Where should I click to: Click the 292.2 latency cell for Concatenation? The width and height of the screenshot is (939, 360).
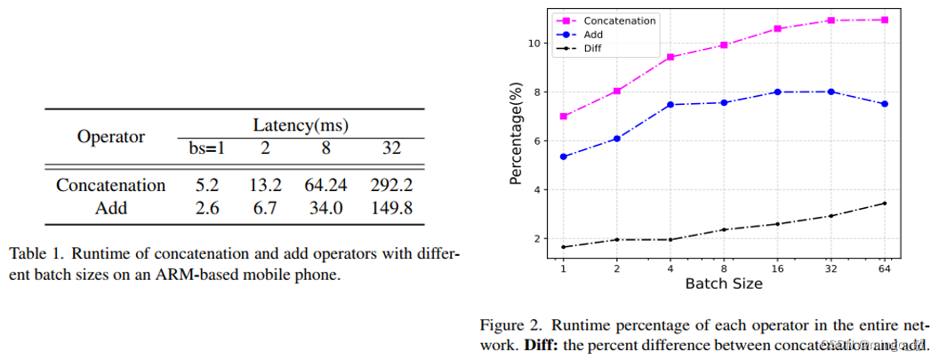coord(392,186)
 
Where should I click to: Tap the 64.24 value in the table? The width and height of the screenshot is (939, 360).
coord(325,186)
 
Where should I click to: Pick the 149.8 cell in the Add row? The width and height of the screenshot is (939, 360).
coord(392,208)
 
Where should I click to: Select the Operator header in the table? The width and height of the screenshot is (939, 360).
coord(111,137)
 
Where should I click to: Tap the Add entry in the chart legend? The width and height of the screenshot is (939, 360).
coord(594,34)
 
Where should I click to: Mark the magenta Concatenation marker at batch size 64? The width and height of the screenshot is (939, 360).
coord(884,20)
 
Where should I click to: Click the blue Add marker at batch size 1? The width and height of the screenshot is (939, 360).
coord(562,156)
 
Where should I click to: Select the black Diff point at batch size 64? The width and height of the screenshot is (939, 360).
coord(884,204)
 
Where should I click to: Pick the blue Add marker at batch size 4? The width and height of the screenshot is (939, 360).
coord(670,105)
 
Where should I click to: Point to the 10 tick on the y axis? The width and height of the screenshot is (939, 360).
coord(532,43)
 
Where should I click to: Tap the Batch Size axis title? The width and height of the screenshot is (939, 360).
coord(723,284)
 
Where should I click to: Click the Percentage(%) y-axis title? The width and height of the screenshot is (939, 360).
coord(515,134)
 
